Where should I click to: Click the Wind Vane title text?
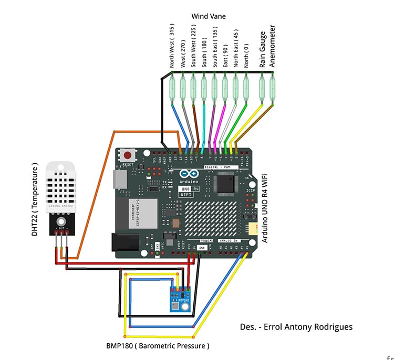coord(209,16)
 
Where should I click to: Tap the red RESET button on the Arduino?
coord(128,156)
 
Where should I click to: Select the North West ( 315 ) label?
coord(172,47)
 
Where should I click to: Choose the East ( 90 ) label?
coord(225,56)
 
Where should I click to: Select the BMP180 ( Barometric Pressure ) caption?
coord(157,346)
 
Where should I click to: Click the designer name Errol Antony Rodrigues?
coord(296,327)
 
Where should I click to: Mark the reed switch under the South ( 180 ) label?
coord(204,87)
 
